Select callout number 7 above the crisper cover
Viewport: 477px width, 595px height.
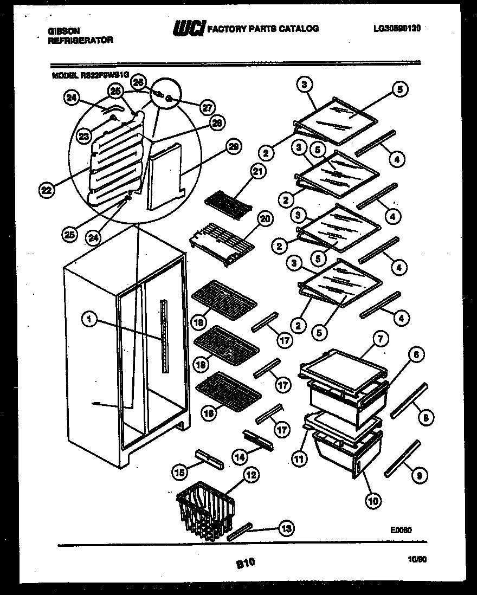[x=381, y=340]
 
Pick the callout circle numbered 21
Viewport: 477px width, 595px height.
[x=256, y=172]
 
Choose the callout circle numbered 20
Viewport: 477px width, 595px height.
[x=265, y=219]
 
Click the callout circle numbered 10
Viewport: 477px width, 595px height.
[x=372, y=500]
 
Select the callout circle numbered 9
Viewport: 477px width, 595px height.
[x=418, y=475]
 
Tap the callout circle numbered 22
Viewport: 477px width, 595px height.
[x=47, y=190]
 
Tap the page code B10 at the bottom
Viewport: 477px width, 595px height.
[x=245, y=564]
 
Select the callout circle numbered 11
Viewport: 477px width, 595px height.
[x=299, y=459]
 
